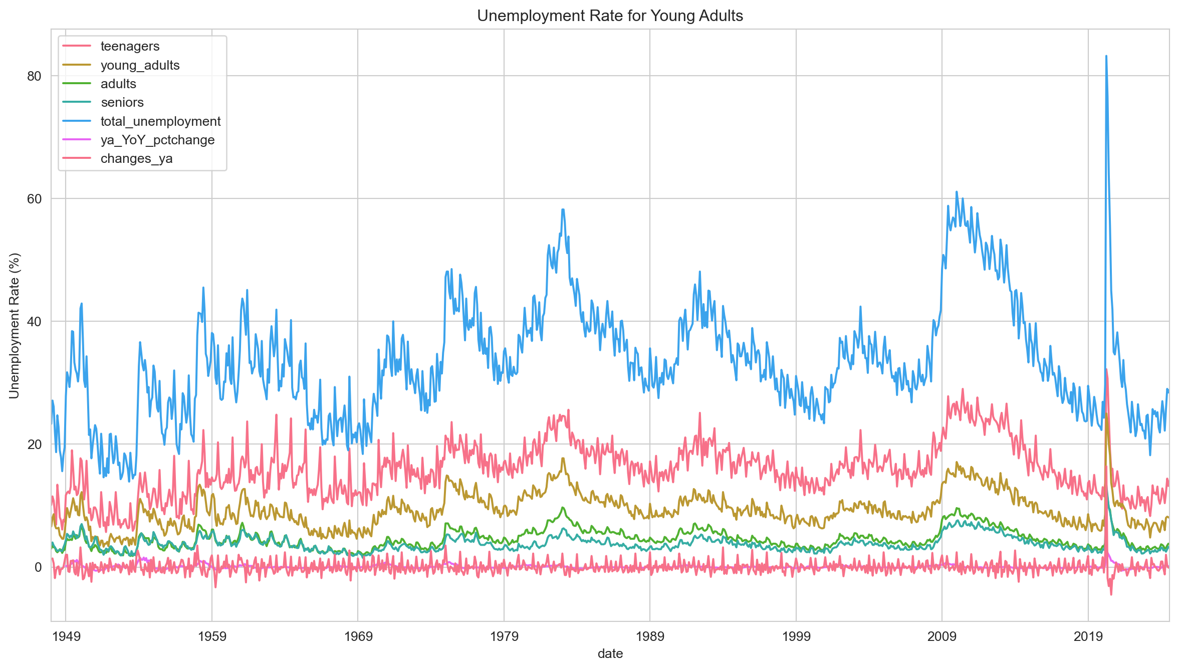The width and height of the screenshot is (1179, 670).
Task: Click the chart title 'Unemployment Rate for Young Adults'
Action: [x=610, y=16]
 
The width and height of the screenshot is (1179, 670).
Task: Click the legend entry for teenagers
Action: [x=130, y=46]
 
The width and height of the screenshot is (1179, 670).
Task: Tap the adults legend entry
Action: [x=118, y=84]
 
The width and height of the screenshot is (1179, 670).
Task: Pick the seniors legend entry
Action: [x=122, y=103]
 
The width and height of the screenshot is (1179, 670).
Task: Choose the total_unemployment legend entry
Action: [x=160, y=121]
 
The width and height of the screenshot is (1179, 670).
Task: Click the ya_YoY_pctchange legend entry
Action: [x=157, y=140]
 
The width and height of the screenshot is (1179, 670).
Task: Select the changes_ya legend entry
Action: [x=136, y=159]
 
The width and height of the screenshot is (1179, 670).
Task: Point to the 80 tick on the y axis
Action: [x=34, y=76]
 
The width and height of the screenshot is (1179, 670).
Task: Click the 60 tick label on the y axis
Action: [x=34, y=199]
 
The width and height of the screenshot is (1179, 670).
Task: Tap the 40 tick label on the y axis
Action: [x=34, y=322]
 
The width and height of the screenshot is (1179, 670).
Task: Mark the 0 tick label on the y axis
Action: [x=38, y=567]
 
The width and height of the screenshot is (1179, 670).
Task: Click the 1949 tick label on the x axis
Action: [x=66, y=636]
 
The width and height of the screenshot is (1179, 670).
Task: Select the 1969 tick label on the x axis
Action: [x=358, y=636]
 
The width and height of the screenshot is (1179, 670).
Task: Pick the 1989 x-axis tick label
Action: [x=650, y=636]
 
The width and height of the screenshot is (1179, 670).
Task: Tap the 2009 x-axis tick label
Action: [x=942, y=636]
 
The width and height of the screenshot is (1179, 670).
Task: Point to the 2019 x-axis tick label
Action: [x=1088, y=636]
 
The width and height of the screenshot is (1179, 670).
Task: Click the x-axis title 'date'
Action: [x=610, y=653]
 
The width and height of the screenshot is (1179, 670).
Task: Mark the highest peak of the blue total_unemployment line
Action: [x=1106, y=56]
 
